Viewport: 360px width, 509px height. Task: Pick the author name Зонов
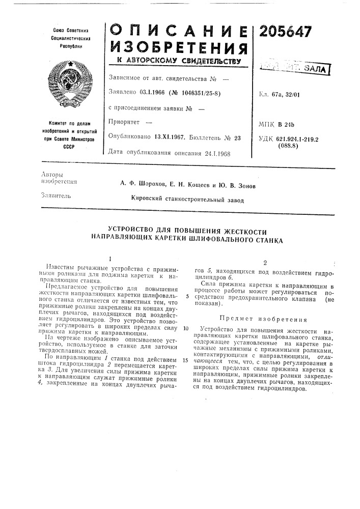point(242,185)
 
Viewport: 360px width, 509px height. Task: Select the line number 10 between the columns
point(187,328)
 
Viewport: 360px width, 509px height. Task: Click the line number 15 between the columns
point(187,360)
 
